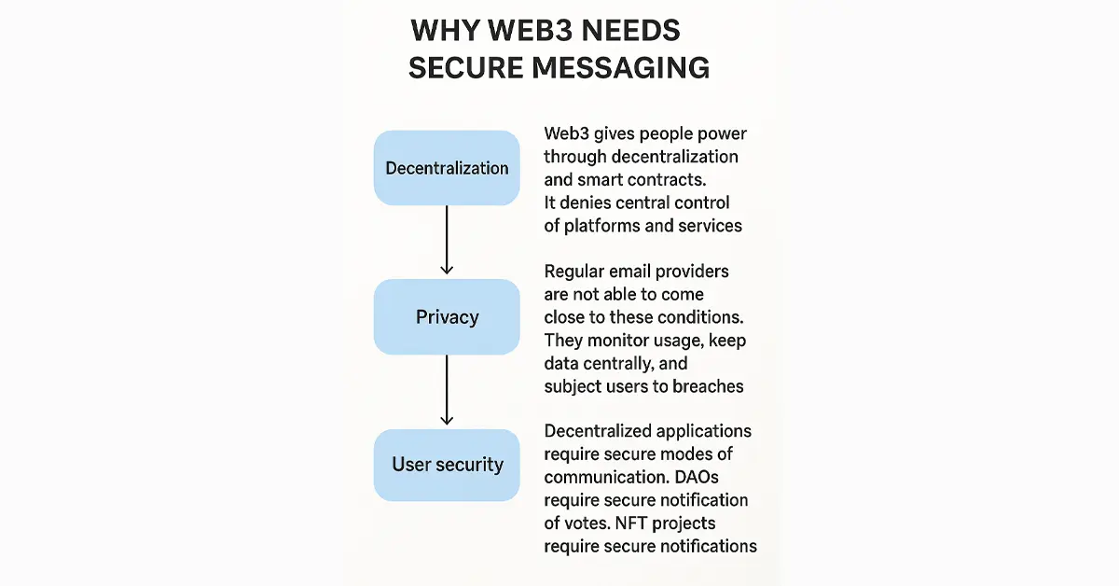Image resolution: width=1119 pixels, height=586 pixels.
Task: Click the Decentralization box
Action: [447, 168]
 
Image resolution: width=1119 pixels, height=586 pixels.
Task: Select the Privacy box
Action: [447, 317]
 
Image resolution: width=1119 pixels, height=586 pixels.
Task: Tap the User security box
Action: [447, 465]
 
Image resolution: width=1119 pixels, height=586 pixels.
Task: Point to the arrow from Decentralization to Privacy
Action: [447, 240]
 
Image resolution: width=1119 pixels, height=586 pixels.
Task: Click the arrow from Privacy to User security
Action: [447, 390]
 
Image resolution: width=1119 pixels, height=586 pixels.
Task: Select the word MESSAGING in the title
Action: [620, 68]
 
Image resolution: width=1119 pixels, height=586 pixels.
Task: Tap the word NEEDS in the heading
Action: [631, 31]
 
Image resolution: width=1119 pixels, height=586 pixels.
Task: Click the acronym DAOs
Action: [697, 477]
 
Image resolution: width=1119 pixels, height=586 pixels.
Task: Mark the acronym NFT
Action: [631, 523]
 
